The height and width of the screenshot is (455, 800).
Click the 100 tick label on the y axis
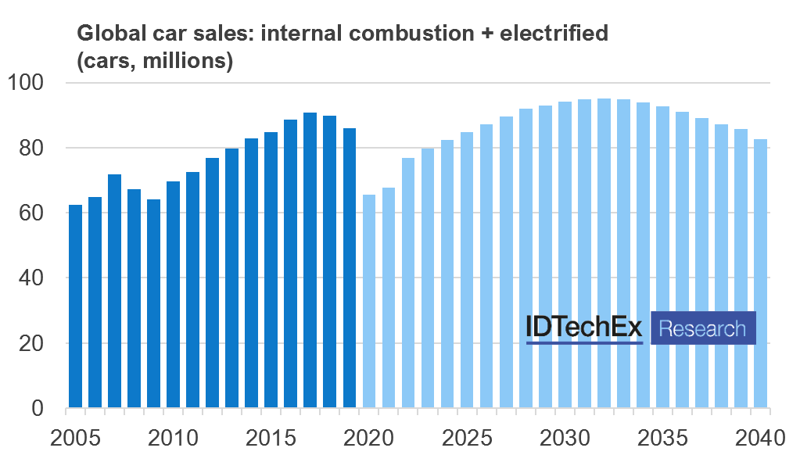click(29, 82)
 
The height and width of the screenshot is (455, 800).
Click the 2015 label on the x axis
click(271, 435)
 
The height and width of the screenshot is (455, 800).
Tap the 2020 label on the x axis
click(369, 435)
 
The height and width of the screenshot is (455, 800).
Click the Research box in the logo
click(703, 328)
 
